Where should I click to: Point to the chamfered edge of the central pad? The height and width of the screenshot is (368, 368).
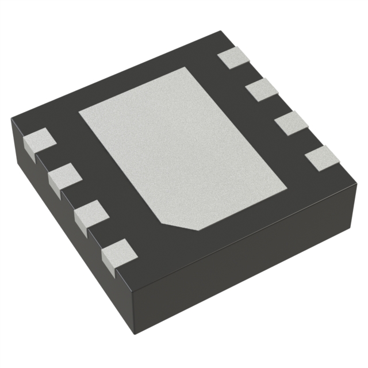pyautogui.click(x=180, y=225)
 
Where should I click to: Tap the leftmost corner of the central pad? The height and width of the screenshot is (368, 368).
pyautogui.click(x=79, y=110)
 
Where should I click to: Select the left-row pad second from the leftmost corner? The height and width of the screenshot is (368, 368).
pyautogui.click(x=63, y=176)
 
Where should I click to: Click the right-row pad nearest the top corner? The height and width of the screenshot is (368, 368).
pyautogui.click(x=234, y=59)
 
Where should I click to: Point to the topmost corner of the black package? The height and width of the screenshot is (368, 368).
pyautogui.click(x=221, y=32)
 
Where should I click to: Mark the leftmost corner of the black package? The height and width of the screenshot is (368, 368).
pyautogui.click(x=11, y=119)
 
